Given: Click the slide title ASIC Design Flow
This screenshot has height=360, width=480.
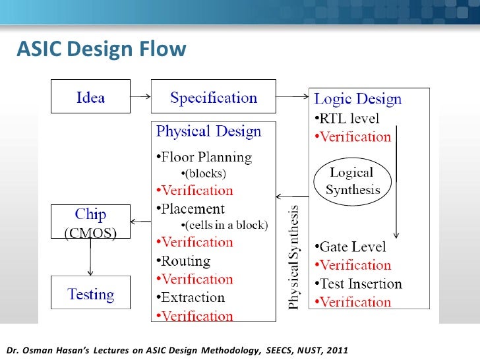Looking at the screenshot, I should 101,49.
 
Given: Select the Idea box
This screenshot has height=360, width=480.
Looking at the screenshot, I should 90,98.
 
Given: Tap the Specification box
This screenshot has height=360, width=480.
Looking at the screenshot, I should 213,98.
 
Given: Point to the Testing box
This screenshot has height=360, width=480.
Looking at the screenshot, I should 90,294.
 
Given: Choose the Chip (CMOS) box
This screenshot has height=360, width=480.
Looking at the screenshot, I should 90,222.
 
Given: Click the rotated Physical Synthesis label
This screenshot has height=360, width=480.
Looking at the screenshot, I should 294,257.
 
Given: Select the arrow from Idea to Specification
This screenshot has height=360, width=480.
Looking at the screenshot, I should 140,98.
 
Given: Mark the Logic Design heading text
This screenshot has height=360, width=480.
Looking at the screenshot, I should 357,100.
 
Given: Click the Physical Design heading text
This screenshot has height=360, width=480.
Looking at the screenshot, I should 208,131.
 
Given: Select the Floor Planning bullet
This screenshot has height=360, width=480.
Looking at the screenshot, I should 204,157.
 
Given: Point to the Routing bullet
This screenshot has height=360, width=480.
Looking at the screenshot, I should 184,260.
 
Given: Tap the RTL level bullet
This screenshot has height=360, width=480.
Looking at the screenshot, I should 346,119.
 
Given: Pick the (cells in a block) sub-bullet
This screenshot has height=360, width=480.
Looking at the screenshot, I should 224,225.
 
